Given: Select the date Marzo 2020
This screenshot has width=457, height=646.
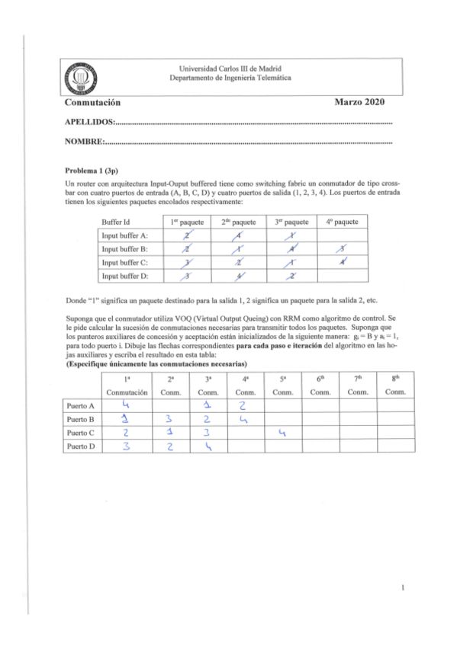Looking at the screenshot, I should (359, 102).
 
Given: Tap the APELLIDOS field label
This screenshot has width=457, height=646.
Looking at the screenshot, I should (89, 122).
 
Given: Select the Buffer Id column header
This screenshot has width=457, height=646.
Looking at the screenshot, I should (115, 222).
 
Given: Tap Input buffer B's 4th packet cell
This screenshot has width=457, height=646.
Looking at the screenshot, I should (343, 249).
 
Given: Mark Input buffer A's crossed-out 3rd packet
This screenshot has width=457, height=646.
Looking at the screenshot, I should (290, 235).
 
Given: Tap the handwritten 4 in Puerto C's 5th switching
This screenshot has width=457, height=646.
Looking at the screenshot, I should (282, 433).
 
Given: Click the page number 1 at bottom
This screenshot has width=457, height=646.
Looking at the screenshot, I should (401, 588).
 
